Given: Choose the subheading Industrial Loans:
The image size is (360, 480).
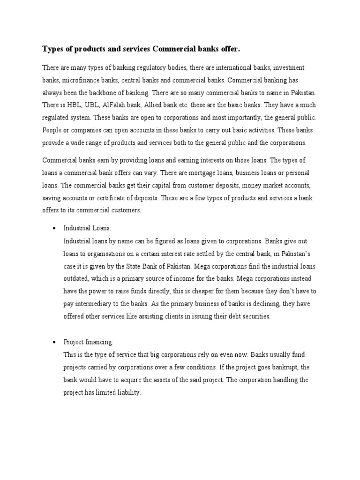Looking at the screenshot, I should [x=87, y=229].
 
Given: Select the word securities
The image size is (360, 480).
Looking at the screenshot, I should [x=254, y=316].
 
